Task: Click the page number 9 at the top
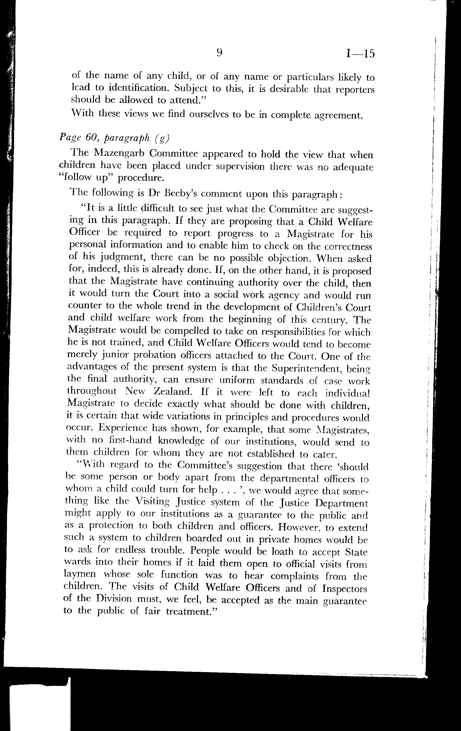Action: coord(220,53)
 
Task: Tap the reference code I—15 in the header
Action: coord(360,54)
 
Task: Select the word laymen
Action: coord(80,575)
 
